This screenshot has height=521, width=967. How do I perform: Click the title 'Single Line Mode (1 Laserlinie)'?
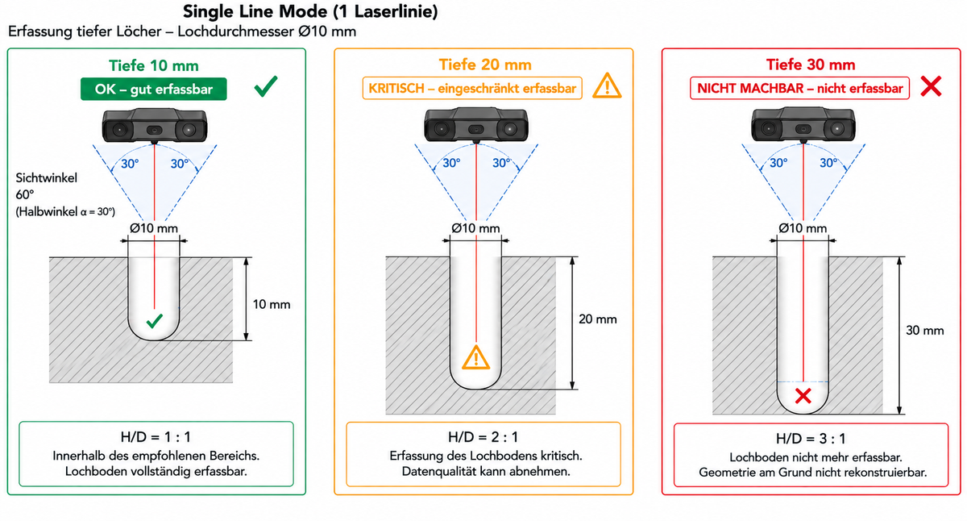[x=310, y=11]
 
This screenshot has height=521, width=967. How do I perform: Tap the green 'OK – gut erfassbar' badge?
[x=154, y=89]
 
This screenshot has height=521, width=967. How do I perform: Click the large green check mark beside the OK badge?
[x=266, y=86]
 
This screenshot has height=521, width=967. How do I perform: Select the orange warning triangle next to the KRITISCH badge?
[x=607, y=86]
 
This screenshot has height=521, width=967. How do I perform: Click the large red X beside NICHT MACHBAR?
[x=931, y=86]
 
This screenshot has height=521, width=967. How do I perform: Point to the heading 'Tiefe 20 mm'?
[x=485, y=65]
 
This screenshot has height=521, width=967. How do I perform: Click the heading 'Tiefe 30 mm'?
[x=811, y=65]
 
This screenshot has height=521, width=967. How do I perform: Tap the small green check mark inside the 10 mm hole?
[x=154, y=320]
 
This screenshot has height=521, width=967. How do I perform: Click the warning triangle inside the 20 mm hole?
[x=475, y=357]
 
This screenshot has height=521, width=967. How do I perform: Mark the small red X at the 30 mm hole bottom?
[x=803, y=396]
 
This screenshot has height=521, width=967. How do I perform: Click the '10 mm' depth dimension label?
[x=271, y=305]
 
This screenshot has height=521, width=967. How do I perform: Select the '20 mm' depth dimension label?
[x=597, y=319]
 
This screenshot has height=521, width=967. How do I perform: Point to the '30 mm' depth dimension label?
[x=925, y=331]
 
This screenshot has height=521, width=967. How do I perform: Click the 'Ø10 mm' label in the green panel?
[x=154, y=228]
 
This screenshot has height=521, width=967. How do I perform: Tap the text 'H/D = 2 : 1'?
[x=483, y=437]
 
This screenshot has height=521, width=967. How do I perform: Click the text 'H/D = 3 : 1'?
[x=811, y=439]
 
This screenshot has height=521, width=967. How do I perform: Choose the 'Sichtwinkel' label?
[x=46, y=178]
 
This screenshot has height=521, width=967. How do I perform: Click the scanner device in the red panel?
[x=803, y=125]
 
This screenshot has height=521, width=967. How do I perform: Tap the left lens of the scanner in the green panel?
[x=119, y=129]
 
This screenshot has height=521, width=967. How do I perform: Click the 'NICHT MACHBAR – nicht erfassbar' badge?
[x=799, y=88]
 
